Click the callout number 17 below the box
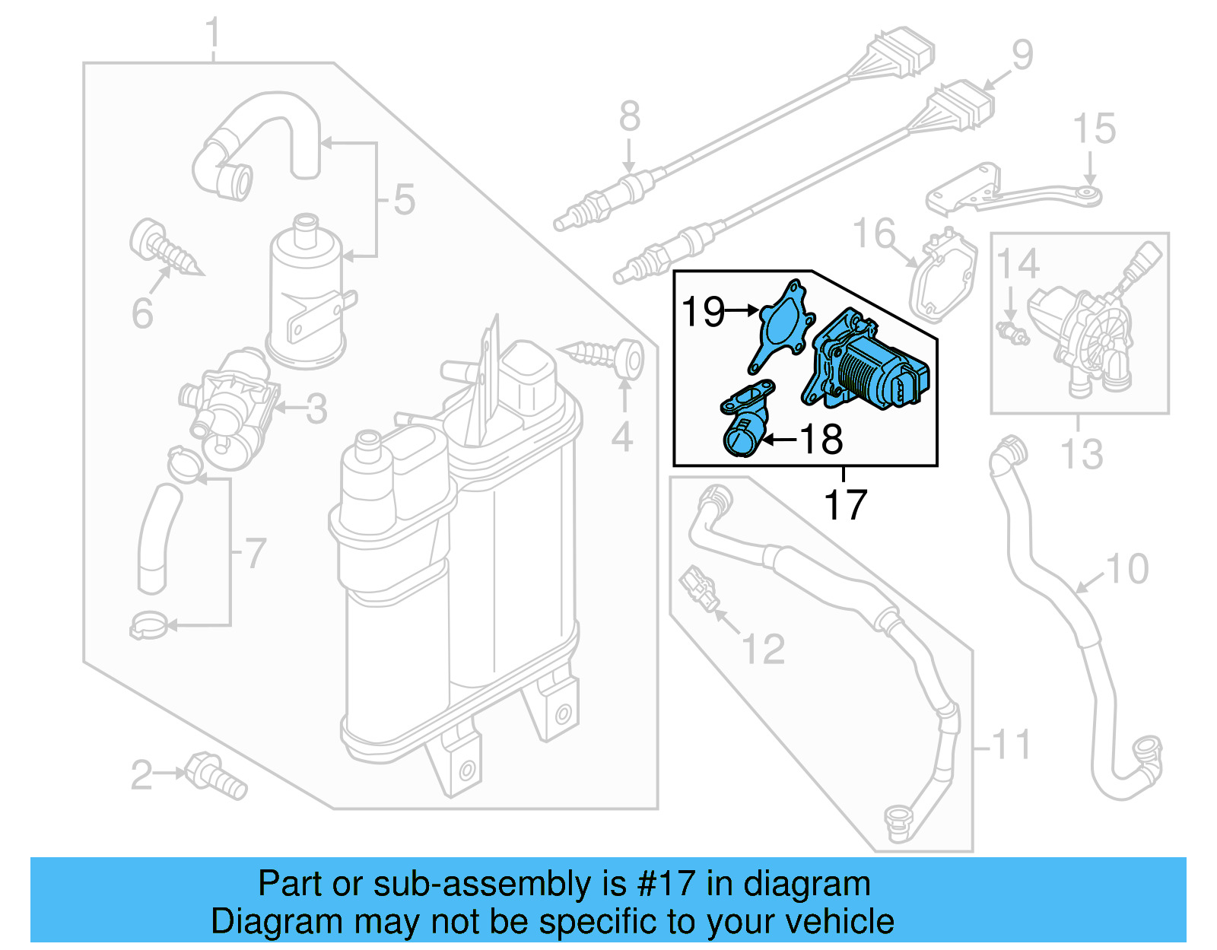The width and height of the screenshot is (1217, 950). click(845, 505)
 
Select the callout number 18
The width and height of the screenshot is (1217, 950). click(822, 440)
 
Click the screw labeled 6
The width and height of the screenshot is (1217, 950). click(164, 248)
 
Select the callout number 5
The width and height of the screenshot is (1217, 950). click(404, 199)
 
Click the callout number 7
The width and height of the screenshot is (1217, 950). click(255, 553)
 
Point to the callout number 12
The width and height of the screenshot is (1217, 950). click(762, 649)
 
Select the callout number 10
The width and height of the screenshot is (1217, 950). click(1126, 569)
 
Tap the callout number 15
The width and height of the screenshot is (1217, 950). click(1094, 129)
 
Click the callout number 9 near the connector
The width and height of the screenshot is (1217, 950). click(1022, 55)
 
